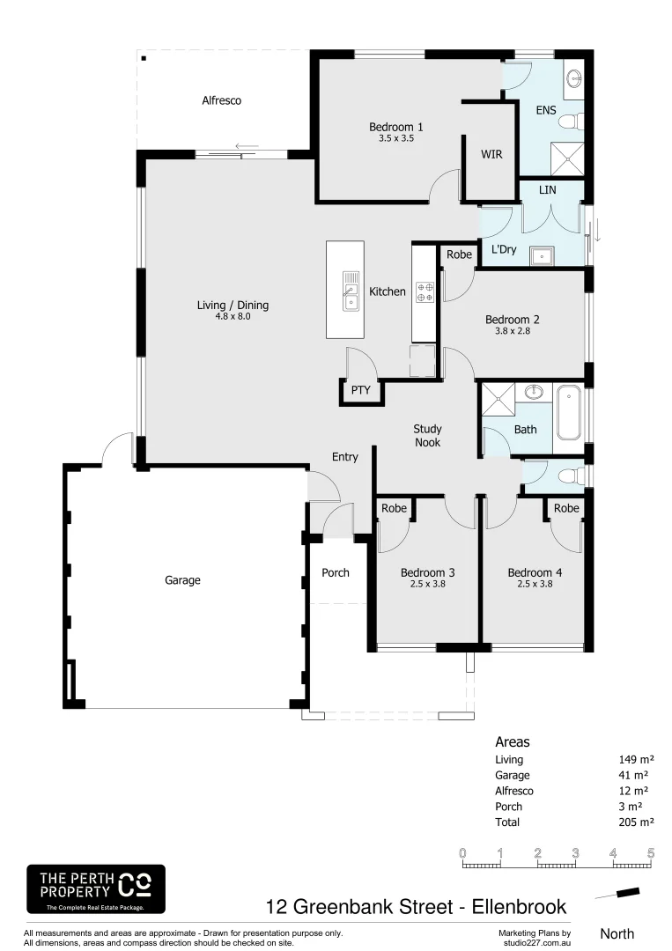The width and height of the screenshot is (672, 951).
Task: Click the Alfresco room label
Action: [221, 100]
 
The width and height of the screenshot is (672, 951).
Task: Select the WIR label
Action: [491, 154]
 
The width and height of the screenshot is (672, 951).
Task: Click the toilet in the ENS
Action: [570, 120]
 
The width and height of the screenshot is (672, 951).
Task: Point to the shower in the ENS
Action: [565, 158]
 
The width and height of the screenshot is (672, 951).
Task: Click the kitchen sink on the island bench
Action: [351, 291]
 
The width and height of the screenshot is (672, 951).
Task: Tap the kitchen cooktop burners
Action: [425, 291]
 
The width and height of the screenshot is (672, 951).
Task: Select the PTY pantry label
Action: [360, 390]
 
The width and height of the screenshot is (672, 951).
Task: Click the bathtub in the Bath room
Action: [568, 412]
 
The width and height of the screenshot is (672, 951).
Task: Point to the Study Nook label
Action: [427, 436]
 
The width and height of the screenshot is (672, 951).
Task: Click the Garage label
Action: [182, 580]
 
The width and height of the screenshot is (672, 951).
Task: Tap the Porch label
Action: [335, 572]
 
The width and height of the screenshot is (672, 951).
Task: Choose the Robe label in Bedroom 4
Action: [566, 508]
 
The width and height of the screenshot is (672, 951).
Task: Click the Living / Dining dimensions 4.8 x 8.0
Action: [232, 316]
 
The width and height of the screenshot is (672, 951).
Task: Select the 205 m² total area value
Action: [636, 822]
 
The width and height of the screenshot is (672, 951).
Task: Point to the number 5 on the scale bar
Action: [651, 852]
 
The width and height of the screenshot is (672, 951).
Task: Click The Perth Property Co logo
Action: [95, 888]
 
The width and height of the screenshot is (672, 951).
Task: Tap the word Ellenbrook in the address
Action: [514, 906]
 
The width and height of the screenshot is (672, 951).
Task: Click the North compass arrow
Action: [617, 894]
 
